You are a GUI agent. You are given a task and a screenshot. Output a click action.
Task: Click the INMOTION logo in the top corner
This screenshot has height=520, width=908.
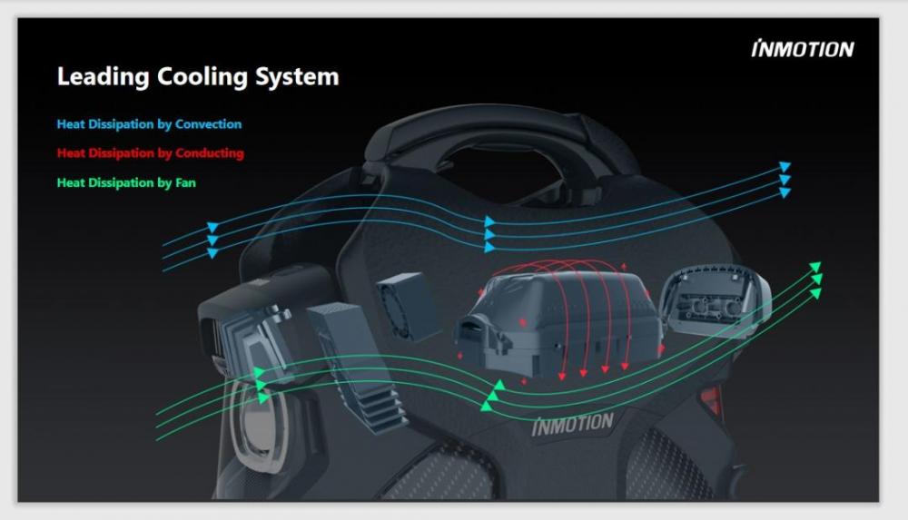(803, 49)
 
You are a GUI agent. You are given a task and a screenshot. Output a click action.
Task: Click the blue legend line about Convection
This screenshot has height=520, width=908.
(149, 124)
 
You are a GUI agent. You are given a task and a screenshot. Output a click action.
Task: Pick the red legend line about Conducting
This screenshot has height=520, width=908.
(150, 153)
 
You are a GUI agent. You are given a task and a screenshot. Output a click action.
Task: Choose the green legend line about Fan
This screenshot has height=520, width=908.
(126, 183)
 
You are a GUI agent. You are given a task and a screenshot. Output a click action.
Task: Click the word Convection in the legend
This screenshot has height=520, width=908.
(208, 124)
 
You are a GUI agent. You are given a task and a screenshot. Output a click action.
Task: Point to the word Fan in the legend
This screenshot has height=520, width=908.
(185, 183)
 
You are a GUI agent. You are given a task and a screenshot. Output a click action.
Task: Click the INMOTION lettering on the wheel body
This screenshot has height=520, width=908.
(572, 425)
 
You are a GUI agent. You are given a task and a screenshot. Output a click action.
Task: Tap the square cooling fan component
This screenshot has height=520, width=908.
(407, 306)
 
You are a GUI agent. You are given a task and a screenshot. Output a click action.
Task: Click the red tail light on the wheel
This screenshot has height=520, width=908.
(711, 399)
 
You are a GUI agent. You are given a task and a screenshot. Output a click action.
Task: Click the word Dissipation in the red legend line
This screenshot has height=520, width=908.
(121, 153)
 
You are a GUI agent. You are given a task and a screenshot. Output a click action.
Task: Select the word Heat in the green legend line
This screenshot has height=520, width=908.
(71, 183)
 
